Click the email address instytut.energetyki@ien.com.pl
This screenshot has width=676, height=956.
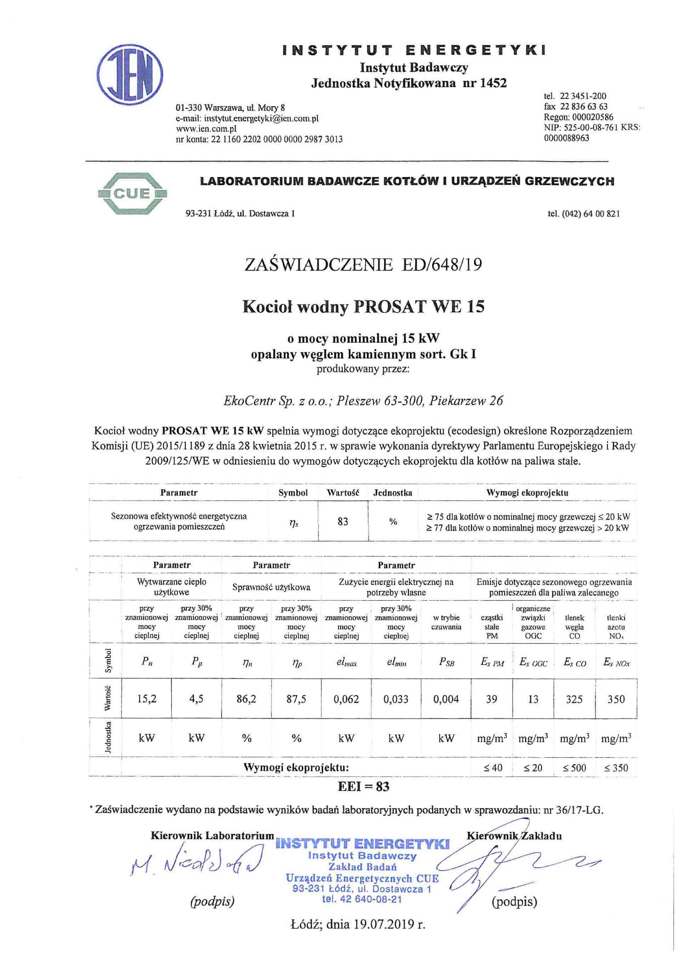[x=261, y=118]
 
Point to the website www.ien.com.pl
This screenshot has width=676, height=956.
[x=207, y=129]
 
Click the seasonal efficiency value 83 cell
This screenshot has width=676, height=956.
[x=343, y=521]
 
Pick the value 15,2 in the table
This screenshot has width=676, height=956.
[x=147, y=699]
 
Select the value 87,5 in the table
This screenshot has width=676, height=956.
[x=296, y=699]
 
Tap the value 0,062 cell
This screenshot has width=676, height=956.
[x=346, y=699]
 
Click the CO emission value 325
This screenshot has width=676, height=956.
[x=574, y=699]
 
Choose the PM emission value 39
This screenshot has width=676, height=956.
[x=491, y=699]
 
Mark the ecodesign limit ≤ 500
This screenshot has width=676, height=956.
[x=574, y=767]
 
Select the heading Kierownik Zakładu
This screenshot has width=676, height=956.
[x=514, y=835]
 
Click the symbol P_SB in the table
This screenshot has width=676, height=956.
[x=446, y=662]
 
